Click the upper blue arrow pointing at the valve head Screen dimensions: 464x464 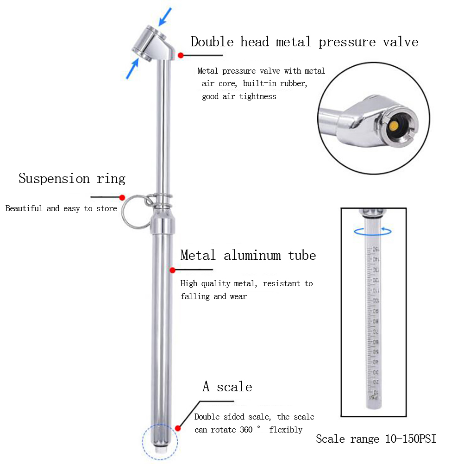click(x=165, y=16)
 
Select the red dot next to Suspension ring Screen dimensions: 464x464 click(x=122, y=197)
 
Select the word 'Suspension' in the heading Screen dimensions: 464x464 click(x=54, y=179)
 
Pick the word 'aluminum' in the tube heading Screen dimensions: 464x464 click(x=252, y=255)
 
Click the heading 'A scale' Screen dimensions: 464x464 click(x=227, y=387)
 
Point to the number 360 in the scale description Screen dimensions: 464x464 click(x=246, y=430)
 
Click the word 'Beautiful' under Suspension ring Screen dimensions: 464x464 click(x=24, y=208)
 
